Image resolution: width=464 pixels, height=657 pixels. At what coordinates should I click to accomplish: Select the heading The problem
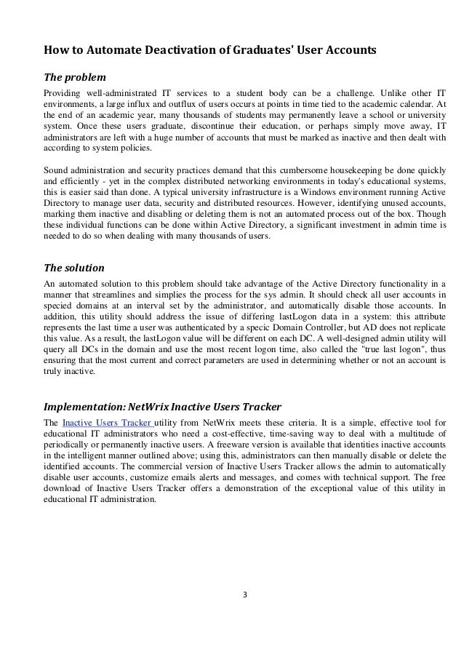[x=75, y=77]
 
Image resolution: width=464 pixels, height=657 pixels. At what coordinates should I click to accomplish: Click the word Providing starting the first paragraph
[x=63, y=94]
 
